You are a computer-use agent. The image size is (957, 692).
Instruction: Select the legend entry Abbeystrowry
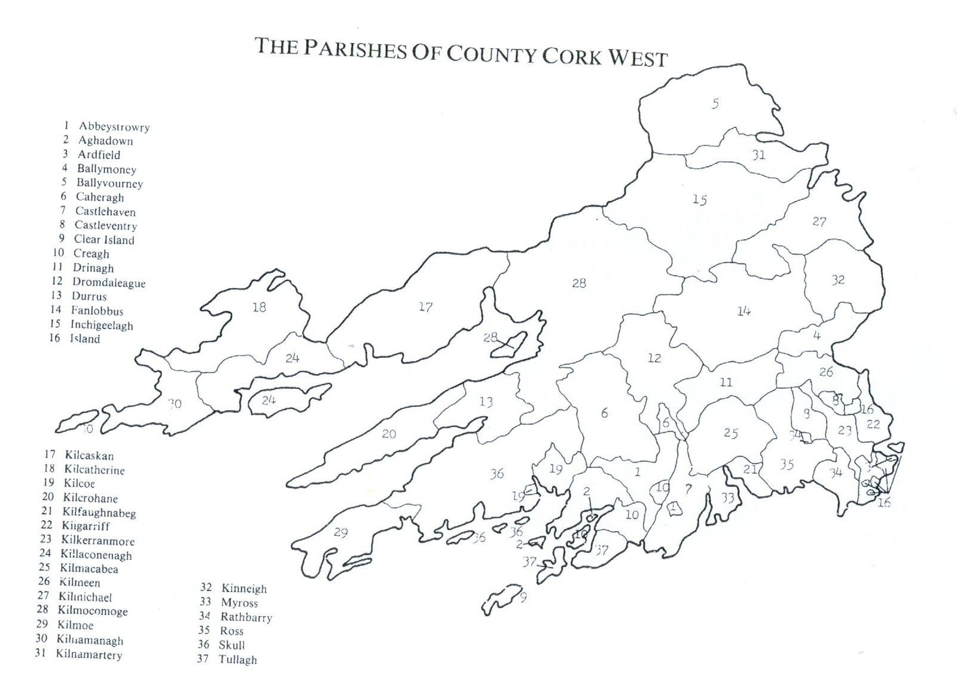coord(114,127)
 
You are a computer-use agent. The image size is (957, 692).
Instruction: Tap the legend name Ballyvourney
coord(109,183)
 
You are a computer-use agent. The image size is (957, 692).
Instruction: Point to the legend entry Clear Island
coord(104,239)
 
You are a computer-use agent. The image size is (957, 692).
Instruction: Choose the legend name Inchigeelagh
coord(102,325)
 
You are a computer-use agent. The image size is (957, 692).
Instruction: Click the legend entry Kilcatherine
coord(95,470)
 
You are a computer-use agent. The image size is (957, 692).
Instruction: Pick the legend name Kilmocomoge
coord(93,611)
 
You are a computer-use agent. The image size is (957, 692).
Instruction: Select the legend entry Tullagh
coord(237,660)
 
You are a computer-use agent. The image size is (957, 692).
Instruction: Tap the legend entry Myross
coord(239,603)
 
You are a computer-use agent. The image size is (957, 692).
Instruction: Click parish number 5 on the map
coord(715,104)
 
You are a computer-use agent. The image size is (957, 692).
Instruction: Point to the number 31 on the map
coord(758,155)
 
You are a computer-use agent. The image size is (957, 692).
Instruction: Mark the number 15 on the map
coord(700,200)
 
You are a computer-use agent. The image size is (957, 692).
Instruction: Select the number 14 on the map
coord(743,311)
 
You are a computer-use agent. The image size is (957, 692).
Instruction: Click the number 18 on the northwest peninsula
coord(259,308)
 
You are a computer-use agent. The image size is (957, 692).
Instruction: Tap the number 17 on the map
coord(425,307)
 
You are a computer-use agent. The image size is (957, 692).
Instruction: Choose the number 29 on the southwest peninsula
coord(341,532)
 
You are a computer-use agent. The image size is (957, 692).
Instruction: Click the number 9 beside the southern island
coord(523,597)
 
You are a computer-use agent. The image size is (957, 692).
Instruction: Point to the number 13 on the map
coord(486,402)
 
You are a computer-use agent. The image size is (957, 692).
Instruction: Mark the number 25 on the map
coord(730,433)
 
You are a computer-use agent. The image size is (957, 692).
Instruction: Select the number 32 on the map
coord(838,280)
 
